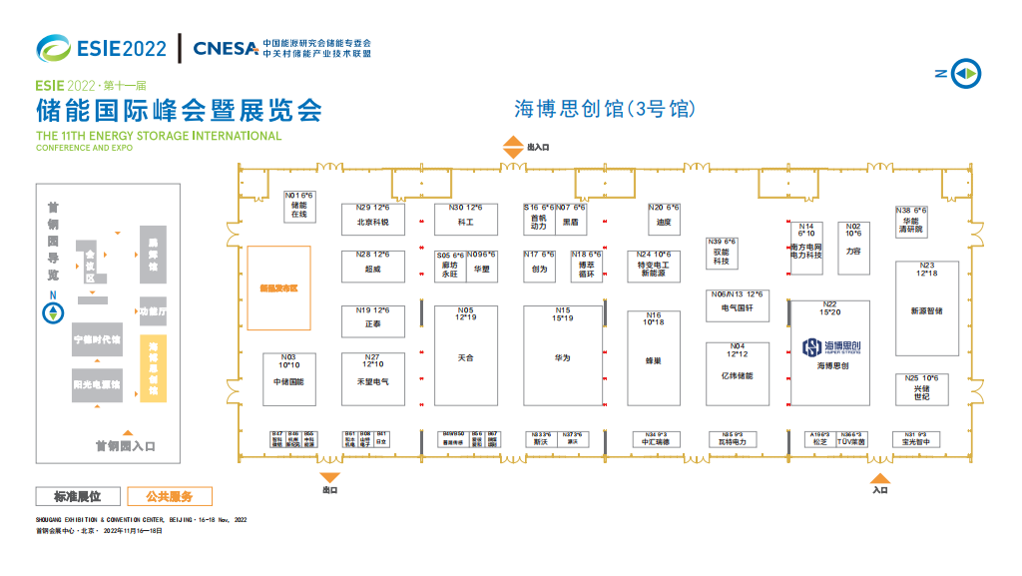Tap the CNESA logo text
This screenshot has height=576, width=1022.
[x=226, y=48]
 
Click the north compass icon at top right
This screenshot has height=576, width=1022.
[x=964, y=73]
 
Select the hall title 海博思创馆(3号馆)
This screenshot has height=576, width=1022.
[x=604, y=109]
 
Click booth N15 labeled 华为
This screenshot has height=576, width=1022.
[x=563, y=354]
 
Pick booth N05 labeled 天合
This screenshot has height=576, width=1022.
[x=465, y=354]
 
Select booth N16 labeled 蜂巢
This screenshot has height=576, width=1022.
[x=654, y=357]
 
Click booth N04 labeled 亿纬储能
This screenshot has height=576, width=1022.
[x=738, y=373]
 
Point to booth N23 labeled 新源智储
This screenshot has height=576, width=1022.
[x=926, y=308]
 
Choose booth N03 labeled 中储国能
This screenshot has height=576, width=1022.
[x=288, y=378]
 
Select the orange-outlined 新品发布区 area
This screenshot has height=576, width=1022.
[x=279, y=288]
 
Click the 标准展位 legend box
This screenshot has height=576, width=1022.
[x=77, y=496]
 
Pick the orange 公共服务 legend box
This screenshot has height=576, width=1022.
[x=169, y=496]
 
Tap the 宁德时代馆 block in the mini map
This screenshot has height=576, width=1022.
[x=97, y=339]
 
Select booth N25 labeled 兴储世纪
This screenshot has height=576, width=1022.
[x=921, y=388]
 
